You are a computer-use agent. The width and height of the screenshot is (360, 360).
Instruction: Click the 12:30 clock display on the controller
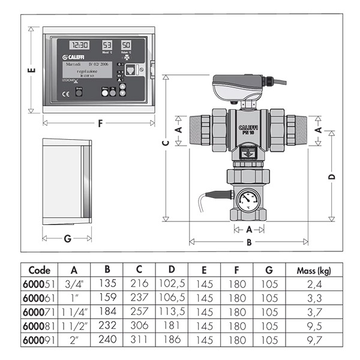pyautogui.click(x=79, y=46)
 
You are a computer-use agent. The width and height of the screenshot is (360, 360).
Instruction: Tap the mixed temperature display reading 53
pyautogui.click(x=107, y=46)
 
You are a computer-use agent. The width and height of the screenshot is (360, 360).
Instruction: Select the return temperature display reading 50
pyautogui.click(x=126, y=46)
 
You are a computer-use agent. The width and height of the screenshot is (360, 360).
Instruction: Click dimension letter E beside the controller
pyautogui.click(x=31, y=71)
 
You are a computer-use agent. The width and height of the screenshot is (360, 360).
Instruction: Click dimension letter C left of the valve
pyautogui.click(x=165, y=142)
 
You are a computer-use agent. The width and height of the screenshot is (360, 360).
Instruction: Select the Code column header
pyautogui.click(x=39, y=271)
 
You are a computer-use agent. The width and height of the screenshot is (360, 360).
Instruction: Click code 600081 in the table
pyautogui.click(x=39, y=327)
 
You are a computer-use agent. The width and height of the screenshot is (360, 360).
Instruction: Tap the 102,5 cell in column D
pyautogui.click(x=172, y=284)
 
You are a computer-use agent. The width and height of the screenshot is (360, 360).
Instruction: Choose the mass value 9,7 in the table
pyautogui.click(x=313, y=341)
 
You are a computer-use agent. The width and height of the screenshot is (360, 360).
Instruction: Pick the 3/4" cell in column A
pyautogui.click(x=74, y=284)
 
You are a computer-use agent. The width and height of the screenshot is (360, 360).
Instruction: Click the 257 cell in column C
pyautogui.click(x=139, y=313)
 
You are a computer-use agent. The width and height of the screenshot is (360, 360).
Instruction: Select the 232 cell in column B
pyautogui.click(x=107, y=327)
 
